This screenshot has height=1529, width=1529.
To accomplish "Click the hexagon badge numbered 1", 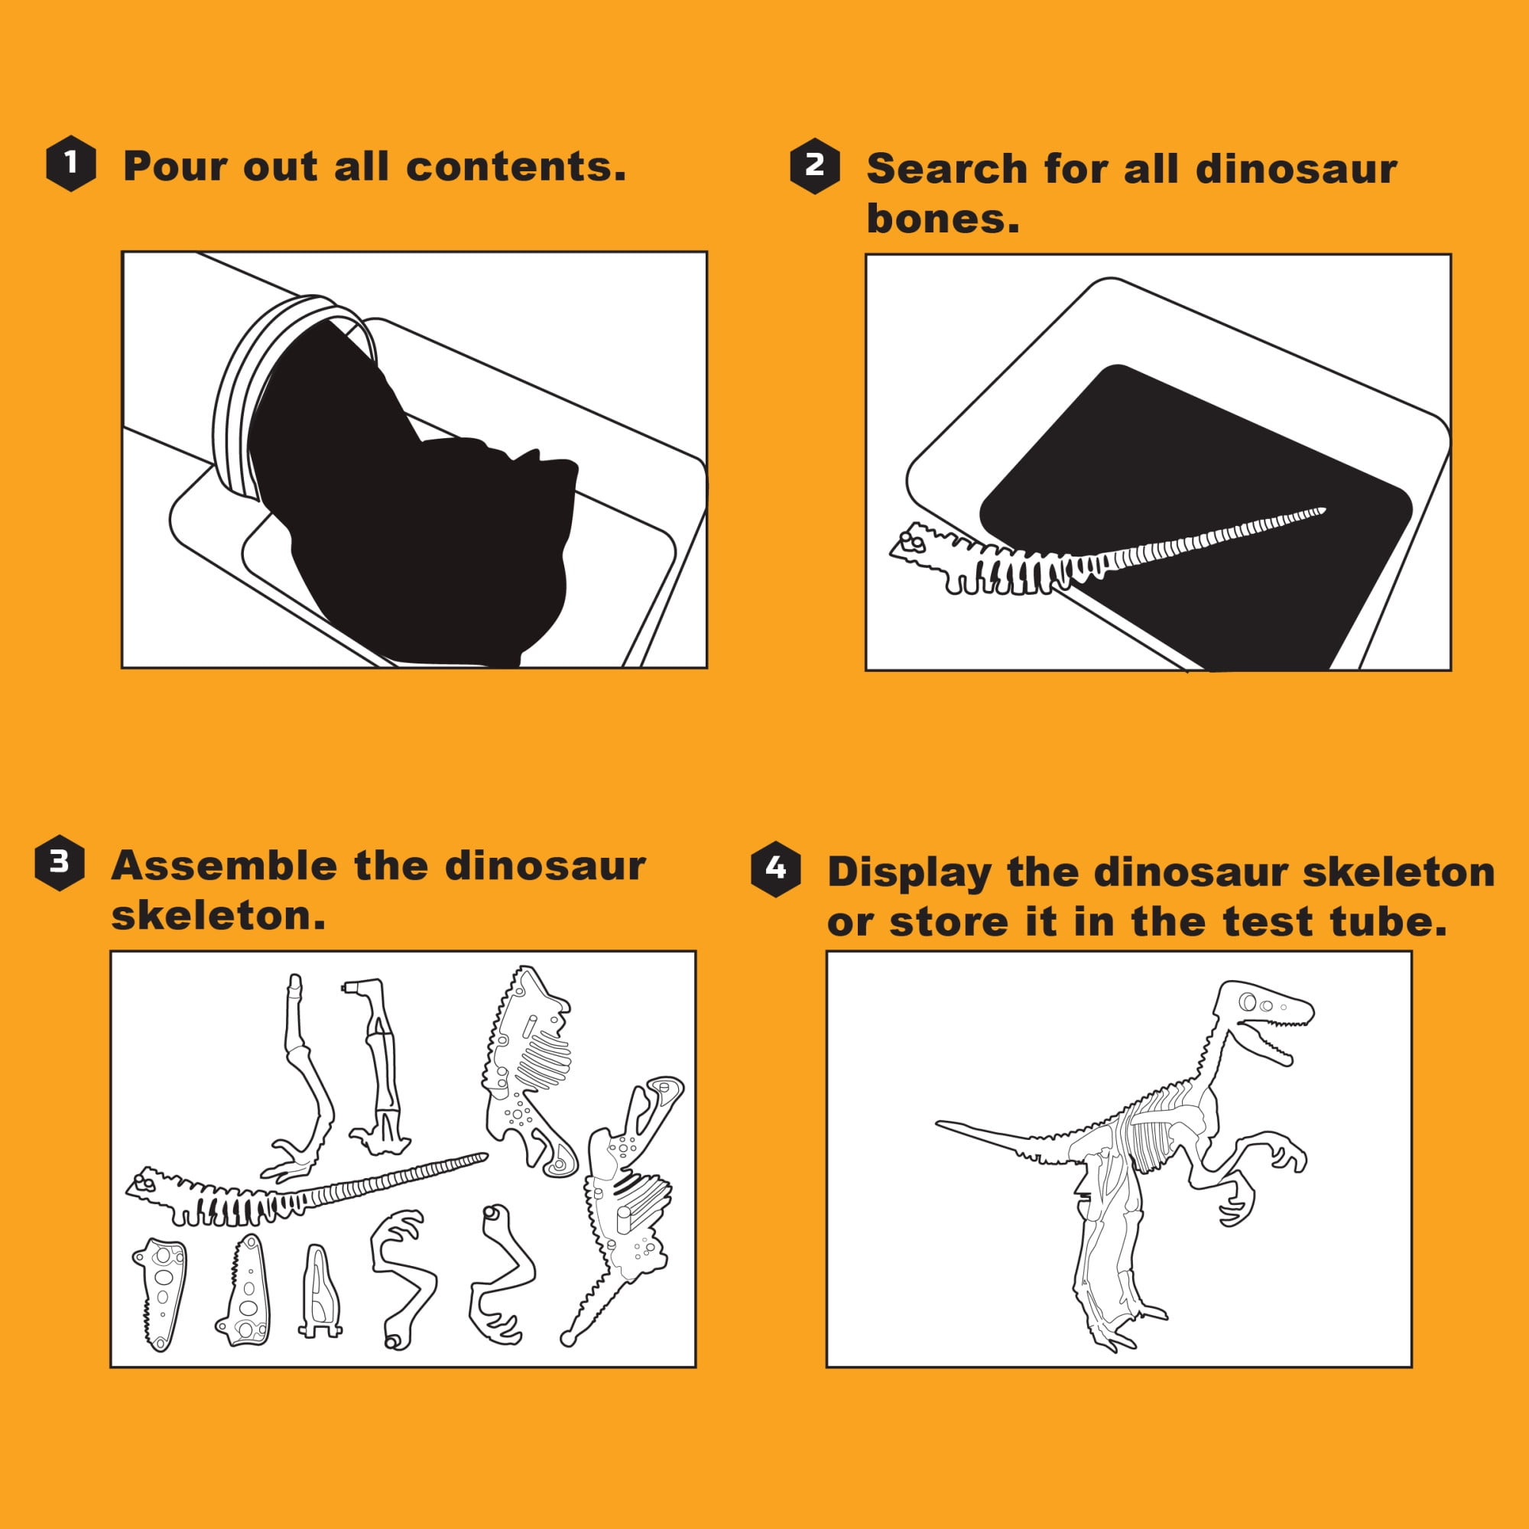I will pyautogui.click(x=71, y=163).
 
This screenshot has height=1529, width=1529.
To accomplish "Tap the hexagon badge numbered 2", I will pyautogui.click(x=814, y=165).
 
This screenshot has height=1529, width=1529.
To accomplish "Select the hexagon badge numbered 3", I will pyautogui.click(x=60, y=862).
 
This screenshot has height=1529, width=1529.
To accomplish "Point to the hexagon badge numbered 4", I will pyautogui.click(x=775, y=869).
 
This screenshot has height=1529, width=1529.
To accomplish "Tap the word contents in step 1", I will pyautogui.click(x=515, y=166).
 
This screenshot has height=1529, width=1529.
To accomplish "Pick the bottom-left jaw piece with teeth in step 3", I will pyautogui.click(x=161, y=1294).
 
